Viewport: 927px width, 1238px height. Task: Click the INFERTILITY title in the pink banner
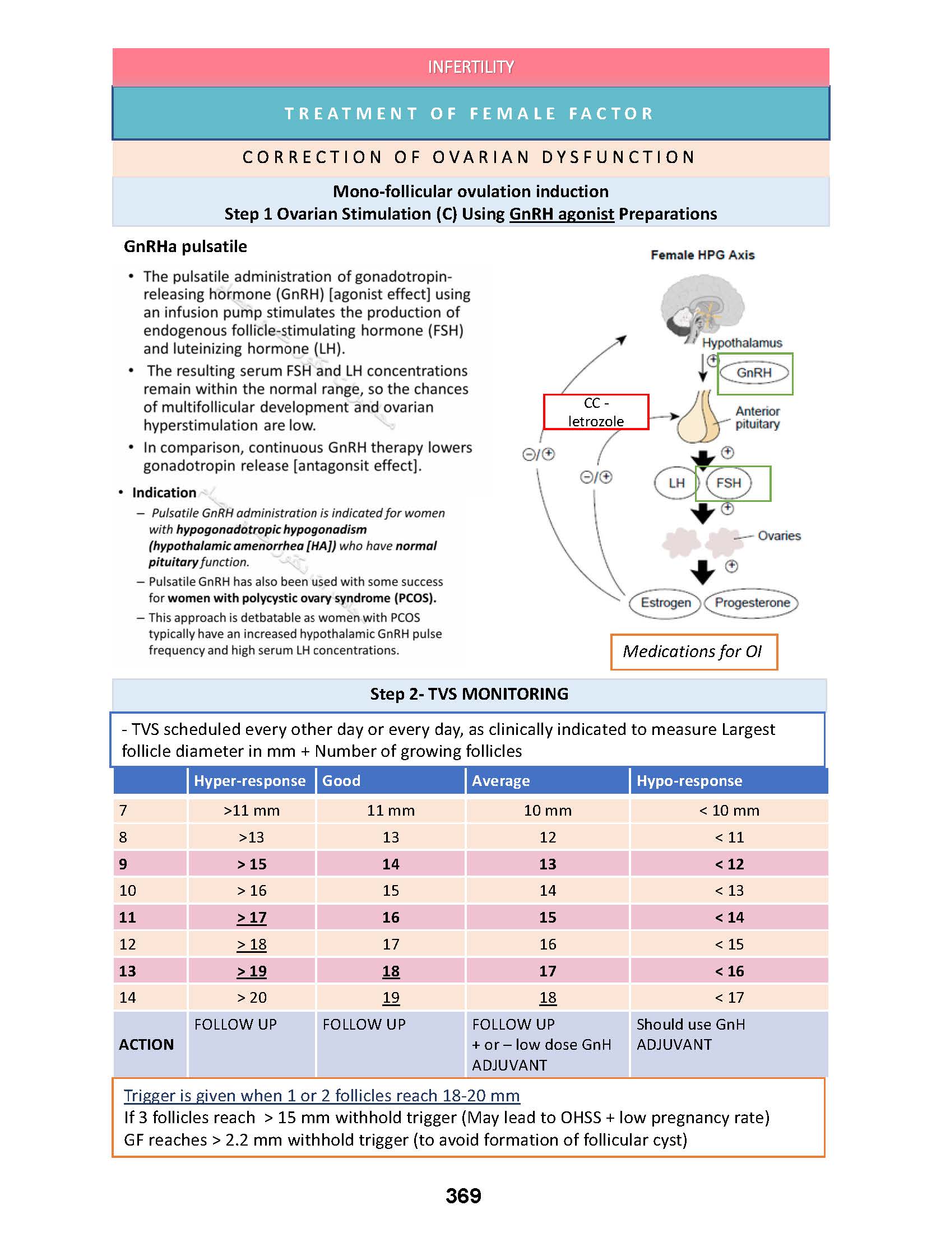tap(470, 67)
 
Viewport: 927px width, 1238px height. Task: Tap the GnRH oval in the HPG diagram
tap(754, 373)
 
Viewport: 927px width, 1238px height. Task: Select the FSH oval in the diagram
tap(728, 483)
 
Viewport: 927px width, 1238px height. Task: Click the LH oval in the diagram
tap(676, 483)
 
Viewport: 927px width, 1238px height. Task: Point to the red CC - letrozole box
tap(596, 412)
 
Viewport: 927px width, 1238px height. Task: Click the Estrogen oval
tap(666, 603)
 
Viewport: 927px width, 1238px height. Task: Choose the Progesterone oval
tap(752, 603)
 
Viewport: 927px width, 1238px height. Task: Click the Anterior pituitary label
tap(757, 417)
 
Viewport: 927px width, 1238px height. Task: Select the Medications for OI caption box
tap(693, 651)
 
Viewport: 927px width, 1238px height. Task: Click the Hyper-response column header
tap(250, 781)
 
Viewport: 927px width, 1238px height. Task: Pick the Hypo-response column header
tap(689, 781)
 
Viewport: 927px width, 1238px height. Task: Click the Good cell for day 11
tap(391, 918)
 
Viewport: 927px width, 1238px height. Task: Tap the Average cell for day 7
tap(548, 811)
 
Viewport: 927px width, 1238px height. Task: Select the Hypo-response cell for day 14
tap(729, 998)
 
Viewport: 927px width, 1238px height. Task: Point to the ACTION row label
tap(146, 1045)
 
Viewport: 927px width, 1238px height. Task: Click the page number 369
tap(463, 1196)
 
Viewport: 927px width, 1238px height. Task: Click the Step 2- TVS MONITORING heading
tap(469, 694)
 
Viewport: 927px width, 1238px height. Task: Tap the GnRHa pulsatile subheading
tap(186, 247)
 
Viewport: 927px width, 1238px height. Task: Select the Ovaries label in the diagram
tap(779, 536)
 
